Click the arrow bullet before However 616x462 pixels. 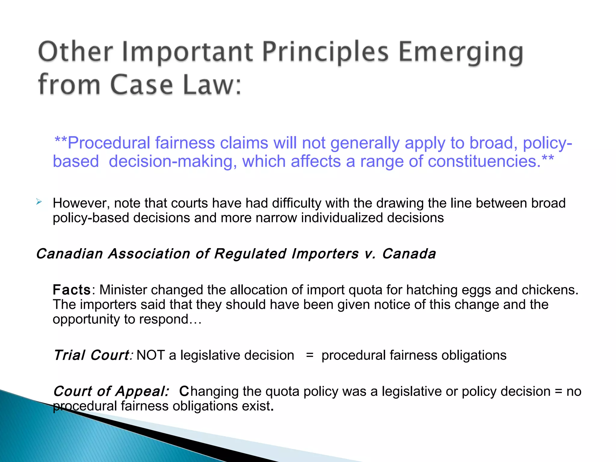(x=39, y=202)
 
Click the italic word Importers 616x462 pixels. (x=325, y=254)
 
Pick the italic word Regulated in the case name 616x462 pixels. (x=250, y=254)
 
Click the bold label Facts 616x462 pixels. (x=72, y=290)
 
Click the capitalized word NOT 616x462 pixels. (x=150, y=355)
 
